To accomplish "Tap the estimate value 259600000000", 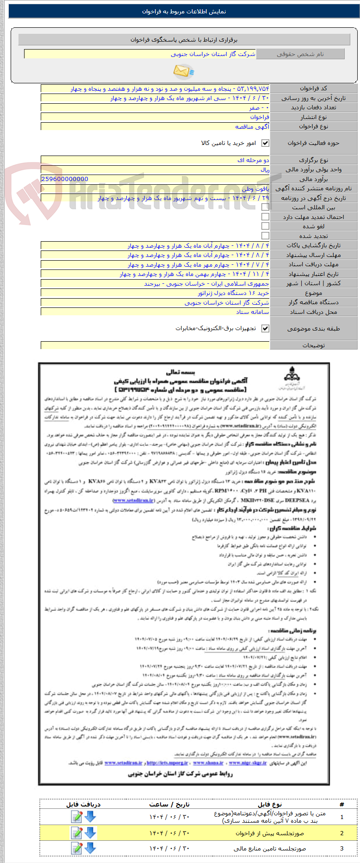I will pos(65,179).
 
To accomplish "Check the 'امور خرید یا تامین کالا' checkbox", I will pos(265,143).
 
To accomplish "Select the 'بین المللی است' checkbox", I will pos(265,207).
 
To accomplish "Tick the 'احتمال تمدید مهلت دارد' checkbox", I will pos(265,217).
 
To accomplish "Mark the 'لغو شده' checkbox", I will pos(265,226).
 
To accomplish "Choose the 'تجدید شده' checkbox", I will pos(265,236).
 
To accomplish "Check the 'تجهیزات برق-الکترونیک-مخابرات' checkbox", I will pos(265,328).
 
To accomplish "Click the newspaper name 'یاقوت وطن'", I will pos(255,189).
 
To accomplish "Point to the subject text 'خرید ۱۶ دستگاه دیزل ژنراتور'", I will pos(233,293).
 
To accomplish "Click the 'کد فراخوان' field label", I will pos(313,88).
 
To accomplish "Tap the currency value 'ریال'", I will pos(264,170).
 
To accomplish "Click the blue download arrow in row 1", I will pos(90,817).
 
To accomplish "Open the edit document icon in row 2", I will pos(76,833).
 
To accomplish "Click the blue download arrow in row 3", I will pos(90,849).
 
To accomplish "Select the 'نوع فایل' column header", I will pos(270,805).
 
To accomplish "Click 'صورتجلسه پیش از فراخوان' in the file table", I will pos(270,833).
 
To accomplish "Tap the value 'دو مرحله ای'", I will pos(253,160).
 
